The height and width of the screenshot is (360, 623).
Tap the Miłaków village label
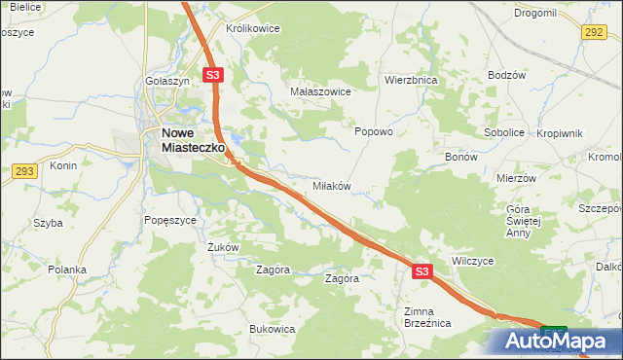[330, 185]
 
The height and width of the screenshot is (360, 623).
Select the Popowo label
[373, 131]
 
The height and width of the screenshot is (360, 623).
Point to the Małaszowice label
[320, 90]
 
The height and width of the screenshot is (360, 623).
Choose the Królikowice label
[252, 28]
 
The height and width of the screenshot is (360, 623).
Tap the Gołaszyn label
[166, 81]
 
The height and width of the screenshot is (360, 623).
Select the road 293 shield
[25, 171]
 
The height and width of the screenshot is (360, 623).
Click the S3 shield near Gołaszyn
[214, 74]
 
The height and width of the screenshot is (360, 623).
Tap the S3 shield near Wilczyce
[421, 272]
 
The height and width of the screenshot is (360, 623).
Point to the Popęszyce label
[170, 220]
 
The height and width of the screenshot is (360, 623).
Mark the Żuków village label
[223, 247]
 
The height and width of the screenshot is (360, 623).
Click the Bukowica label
[272, 329]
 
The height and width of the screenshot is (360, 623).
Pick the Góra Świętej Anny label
[531, 221]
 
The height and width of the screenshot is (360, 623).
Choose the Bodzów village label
[507, 76]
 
